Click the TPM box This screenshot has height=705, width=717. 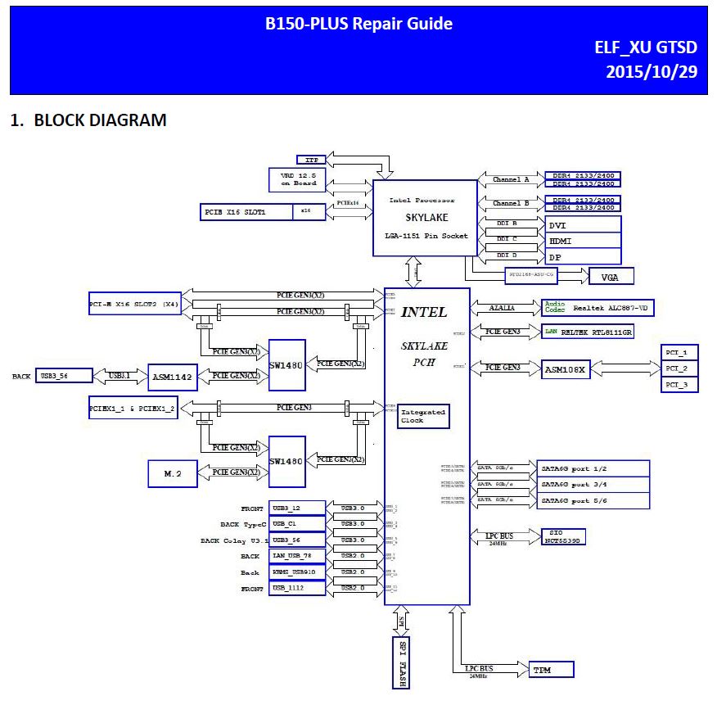551,670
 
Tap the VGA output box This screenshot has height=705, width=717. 611,276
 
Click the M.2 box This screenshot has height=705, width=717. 172,472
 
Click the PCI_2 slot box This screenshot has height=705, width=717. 679,368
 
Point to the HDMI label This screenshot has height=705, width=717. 583,241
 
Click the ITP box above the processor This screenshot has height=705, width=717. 311,160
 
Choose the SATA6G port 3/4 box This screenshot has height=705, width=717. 594,484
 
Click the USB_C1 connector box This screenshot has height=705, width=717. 297,524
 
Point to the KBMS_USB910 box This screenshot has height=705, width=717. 297,572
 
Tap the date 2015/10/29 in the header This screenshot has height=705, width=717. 651,71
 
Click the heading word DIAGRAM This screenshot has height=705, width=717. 126,120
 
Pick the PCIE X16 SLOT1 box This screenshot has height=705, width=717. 246,212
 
